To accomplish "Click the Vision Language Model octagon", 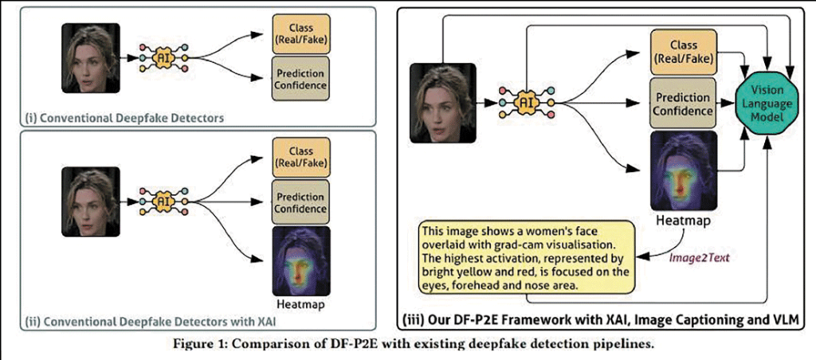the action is (767, 104).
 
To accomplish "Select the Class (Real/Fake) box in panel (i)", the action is (300, 33).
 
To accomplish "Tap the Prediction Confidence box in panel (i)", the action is (300, 78).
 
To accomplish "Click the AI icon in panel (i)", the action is (163, 58).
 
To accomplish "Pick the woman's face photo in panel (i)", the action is (91, 58).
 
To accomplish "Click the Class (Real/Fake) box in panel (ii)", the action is (300, 157).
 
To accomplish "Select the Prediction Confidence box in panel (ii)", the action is (300, 202).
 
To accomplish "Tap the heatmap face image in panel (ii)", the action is (300, 261).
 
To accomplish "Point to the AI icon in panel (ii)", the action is (163, 201).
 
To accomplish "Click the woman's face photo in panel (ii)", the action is (91, 202).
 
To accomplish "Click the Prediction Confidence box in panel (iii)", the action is (683, 104).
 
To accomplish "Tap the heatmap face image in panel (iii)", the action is (683, 170).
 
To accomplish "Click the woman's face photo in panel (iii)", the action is (442, 103).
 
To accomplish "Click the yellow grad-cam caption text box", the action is (527, 256).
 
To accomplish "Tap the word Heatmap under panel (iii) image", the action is (683, 221).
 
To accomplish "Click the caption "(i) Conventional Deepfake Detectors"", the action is (125, 119).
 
